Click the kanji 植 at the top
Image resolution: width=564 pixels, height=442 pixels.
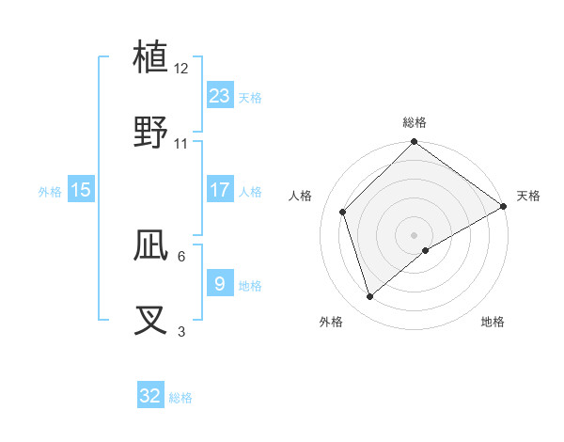[150, 57]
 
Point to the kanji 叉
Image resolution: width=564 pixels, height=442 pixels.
[150, 320]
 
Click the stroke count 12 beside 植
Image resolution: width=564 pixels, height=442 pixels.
[181, 69]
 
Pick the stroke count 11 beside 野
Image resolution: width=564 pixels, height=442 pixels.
[181, 144]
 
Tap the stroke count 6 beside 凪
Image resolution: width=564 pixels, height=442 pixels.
[181, 256]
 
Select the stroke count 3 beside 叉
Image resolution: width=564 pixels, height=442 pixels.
[181, 331]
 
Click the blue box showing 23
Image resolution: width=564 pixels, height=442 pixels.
[220, 96]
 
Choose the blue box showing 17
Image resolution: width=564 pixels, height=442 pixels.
[220, 190]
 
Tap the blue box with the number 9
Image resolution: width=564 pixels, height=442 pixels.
[220, 283]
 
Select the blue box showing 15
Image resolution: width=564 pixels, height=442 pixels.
[81, 190]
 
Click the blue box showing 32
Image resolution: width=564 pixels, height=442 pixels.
[150, 396]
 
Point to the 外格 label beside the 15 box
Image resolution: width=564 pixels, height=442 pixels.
[50, 191]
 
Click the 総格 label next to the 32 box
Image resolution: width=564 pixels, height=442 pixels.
[180, 398]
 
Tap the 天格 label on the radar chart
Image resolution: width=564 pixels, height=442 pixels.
[528, 196]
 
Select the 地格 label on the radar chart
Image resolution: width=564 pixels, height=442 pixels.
[493, 322]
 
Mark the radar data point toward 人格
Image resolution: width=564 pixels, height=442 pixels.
[343, 212]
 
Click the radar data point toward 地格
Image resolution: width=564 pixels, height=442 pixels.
[426, 250]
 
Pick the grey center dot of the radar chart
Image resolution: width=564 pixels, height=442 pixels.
[414, 234]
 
